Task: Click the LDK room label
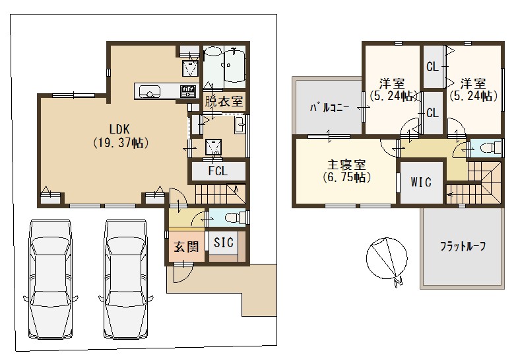click(x=119, y=129)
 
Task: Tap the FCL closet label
click(x=218, y=171)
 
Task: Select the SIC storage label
click(x=224, y=243)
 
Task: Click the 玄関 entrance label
click(x=186, y=247)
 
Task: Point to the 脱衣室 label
click(x=224, y=101)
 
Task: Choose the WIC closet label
click(x=421, y=182)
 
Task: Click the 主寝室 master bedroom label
click(x=346, y=165)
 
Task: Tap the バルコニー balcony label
click(x=329, y=108)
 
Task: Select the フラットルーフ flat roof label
click(x=463, y=247)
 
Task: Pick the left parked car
click(x=51, y=279)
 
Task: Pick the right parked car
click(x=126, y=279)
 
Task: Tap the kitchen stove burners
click(x=188, y=91)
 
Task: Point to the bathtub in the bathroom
click(x=235, y=64)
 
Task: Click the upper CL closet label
click(x=432, y=67)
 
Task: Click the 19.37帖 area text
click(x=119, y=143)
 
